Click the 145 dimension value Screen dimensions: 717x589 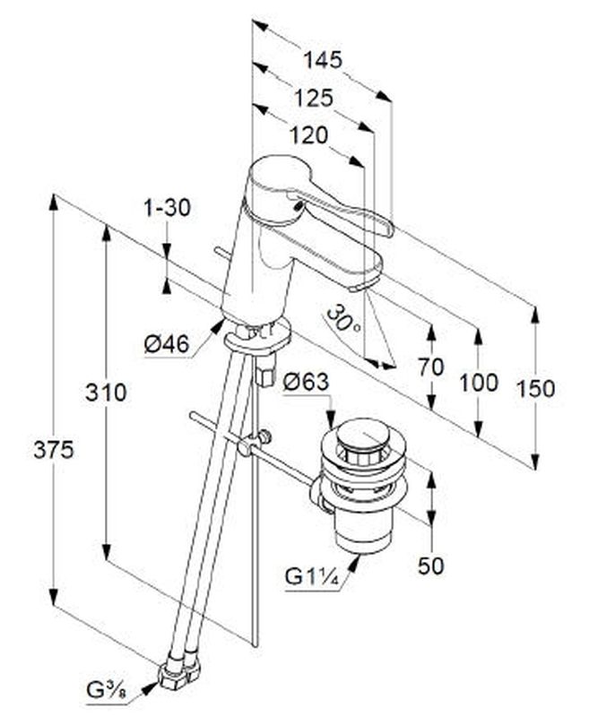[323, 60]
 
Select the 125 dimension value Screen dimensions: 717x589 [313, 98]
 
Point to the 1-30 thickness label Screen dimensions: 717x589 [167, 208]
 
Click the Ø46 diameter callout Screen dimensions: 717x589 [166, 343]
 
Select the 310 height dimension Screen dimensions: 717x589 [106, 392]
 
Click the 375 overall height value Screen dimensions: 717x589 [54, 450]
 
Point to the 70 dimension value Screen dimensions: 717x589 [430, 367]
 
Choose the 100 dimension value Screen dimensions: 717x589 [479, 384]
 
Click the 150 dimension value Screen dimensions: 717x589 [535, 388]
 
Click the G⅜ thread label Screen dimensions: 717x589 [106, 689]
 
